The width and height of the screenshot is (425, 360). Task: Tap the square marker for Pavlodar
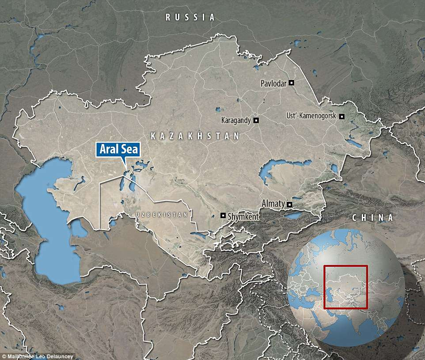coord(292,83)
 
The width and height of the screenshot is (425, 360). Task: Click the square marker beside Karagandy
coord(256,120)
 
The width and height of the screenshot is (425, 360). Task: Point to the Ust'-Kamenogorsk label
coord(311,116)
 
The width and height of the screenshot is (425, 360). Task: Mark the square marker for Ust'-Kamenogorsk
coord(342,116)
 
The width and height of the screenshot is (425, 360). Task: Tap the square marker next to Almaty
coord(289,204)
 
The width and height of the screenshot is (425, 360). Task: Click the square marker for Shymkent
coord(223,216)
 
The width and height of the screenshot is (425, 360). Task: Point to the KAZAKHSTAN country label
coord(194,136)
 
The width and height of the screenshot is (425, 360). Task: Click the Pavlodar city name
coord(274,83)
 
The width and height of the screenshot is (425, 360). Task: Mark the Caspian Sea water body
coord(49,221)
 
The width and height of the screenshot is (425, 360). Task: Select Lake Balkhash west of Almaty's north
coord(274,170)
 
